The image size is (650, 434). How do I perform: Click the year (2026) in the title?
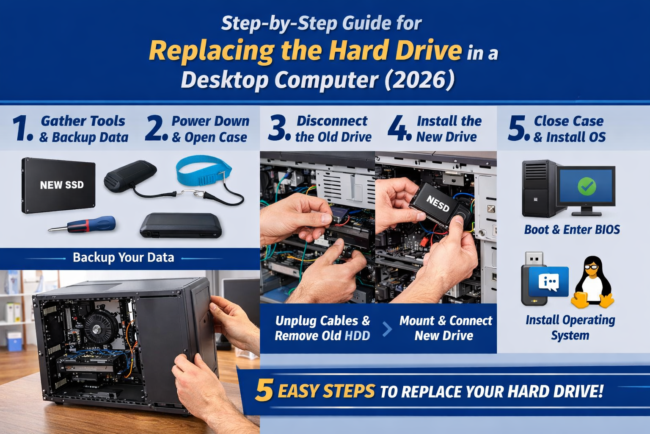419,81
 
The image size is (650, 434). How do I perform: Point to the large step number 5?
518,128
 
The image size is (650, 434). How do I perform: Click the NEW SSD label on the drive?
62,185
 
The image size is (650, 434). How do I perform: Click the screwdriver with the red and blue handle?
82,225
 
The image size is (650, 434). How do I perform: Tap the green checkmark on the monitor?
587,186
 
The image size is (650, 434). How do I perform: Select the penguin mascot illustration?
592,282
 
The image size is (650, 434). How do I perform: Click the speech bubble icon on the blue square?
549,282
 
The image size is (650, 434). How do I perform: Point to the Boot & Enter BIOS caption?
572,230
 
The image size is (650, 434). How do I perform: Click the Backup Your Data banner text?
123,258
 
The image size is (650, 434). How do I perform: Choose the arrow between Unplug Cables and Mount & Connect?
387,329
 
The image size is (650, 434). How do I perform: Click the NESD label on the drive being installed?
438,203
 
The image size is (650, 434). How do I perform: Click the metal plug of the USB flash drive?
534,259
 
